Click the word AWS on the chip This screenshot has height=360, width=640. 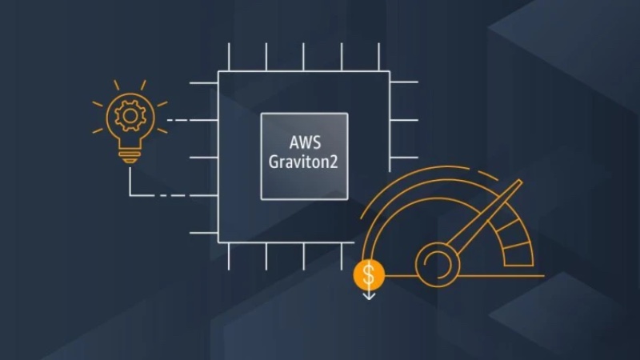[x=305, y=142]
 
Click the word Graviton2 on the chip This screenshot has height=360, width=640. [x=303, y=162]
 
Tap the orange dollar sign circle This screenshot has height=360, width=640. [x=369, y=274]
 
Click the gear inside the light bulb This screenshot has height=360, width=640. [x=130, y=116]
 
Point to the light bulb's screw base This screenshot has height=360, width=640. [x=130, y=157]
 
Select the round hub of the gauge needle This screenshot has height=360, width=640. [x=438, y=265]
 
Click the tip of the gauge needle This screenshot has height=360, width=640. [x=519, y=181]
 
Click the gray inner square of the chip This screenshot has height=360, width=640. [x=305, y=156]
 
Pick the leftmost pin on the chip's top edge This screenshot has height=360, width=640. [x=229, y=57]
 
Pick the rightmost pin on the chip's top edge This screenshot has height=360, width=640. [x=378, y=57]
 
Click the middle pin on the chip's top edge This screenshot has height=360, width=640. [x=303, y=57]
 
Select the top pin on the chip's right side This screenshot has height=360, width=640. [x=404, y=82]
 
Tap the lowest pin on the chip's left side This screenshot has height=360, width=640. [x=204, y=233]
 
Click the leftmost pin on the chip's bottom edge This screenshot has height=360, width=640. [x=229, y=256]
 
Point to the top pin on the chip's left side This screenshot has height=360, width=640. [x=204, y=83]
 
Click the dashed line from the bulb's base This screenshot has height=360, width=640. [x=174, y=195]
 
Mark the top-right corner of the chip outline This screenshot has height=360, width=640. [x=390, y=72]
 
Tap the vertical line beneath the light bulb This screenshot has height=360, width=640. [x=130, y=182]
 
